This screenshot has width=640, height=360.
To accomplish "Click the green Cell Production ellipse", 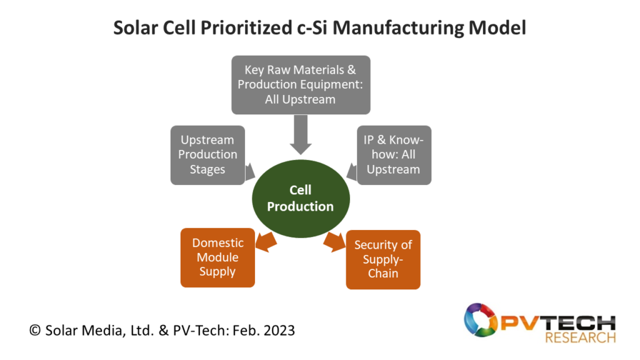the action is [301, 199].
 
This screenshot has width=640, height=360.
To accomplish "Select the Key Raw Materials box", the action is [301, 85].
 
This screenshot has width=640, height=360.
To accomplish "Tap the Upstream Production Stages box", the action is [207, 155].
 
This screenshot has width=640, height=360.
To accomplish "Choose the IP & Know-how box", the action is [394, 155].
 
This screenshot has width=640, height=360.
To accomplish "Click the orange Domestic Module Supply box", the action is [217, 257].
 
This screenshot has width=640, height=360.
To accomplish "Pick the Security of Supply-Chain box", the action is [383, 259].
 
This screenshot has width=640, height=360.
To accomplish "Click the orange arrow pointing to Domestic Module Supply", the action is [266, 242].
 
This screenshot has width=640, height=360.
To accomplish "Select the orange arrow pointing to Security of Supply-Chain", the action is [334, 242].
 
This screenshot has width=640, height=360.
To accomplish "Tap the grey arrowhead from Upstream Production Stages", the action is [250, 172].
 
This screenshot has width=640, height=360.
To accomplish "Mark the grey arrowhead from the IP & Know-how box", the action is [352, 172].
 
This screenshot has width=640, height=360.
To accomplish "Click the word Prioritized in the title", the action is [246, 28].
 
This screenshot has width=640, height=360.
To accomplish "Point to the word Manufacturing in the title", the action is [398, 28].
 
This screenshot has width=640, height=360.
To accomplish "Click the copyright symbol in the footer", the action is [35, 330].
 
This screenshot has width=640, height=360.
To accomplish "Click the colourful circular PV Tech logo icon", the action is [481, 320].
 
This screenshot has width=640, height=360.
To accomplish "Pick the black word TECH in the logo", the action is [581, 323].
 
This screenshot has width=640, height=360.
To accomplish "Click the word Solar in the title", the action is [136, 27].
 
